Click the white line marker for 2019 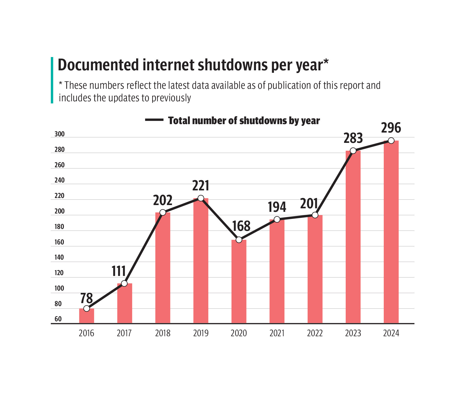(201, 198)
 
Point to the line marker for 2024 (391, 141)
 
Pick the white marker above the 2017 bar (124, 284)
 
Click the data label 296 (391, 128)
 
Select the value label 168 (241, 226)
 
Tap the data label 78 (86, 298)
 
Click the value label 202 (163, 200)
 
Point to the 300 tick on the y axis (60, 134)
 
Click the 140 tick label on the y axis (59, 257)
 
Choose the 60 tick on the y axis (58, 319)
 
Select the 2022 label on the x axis (315, 333)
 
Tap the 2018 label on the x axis (163, 333)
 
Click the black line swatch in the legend (154, 120)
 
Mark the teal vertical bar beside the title (52, 80)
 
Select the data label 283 (353, 138)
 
